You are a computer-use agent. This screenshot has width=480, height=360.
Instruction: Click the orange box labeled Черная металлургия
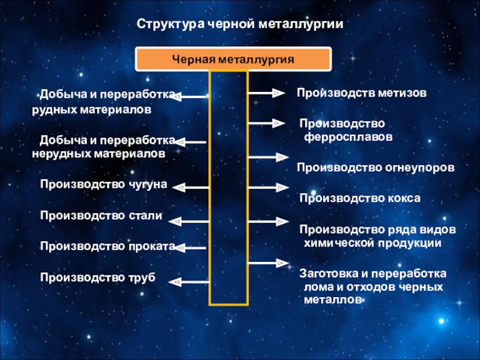pyautogui.click(x=233, y=59)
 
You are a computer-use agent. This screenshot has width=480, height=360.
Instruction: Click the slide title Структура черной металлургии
pyautogui.click(x=240, y=25)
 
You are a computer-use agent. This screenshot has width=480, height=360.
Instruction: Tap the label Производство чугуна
pyautogui.click(x=103, y=184)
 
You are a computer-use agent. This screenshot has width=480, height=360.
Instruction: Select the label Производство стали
pyautogui.click(x=101, y=215)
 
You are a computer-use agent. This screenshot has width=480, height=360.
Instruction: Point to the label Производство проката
pyautogui.click(x=107, y=246)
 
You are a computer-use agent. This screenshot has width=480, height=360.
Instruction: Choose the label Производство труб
pyautogui.click(x=97, y=277)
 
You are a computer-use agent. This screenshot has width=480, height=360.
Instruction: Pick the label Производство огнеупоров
pyautogui.click(x=376, y=167)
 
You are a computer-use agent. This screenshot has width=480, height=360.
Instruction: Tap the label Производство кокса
pyautogui.click(x=360, y=198)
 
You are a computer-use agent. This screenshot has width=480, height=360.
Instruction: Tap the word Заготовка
pyautogui.click(x=328, y=274)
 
